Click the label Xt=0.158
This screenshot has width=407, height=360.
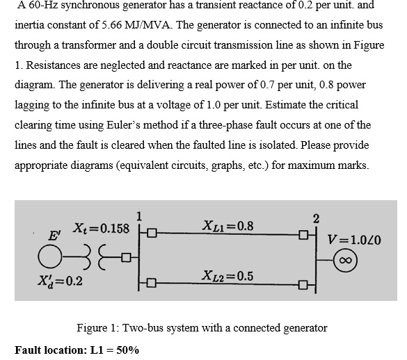102,229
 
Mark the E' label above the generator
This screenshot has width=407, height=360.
53,235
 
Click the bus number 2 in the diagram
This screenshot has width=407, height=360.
317,220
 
